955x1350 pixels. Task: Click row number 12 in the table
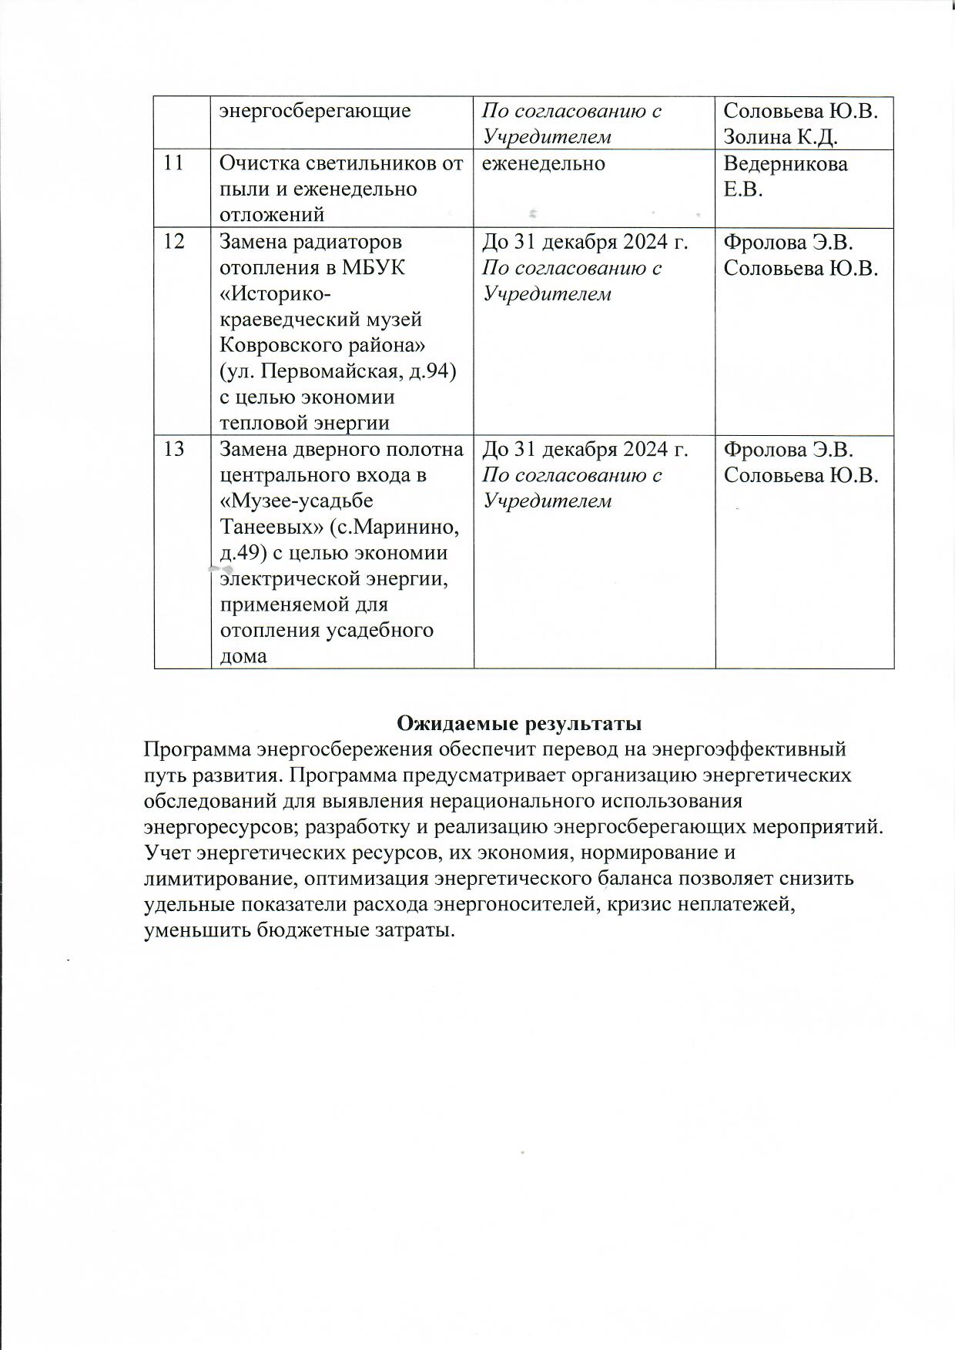pyautogui.click(x=174, y=242)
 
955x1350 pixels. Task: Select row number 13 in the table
pyautogui.click(x=174, y=449)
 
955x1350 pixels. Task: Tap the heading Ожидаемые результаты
pyautogui.click(x=519, y=724)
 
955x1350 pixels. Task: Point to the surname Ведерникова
pyautogui.click(x=786, y=164)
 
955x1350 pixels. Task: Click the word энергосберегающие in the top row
pyautogui.click(x=315, y=111)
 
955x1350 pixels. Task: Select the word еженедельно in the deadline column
pyautogui.click(x=544, y=163)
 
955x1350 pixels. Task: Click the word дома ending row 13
pyautogui.click(x=244, y=656)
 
